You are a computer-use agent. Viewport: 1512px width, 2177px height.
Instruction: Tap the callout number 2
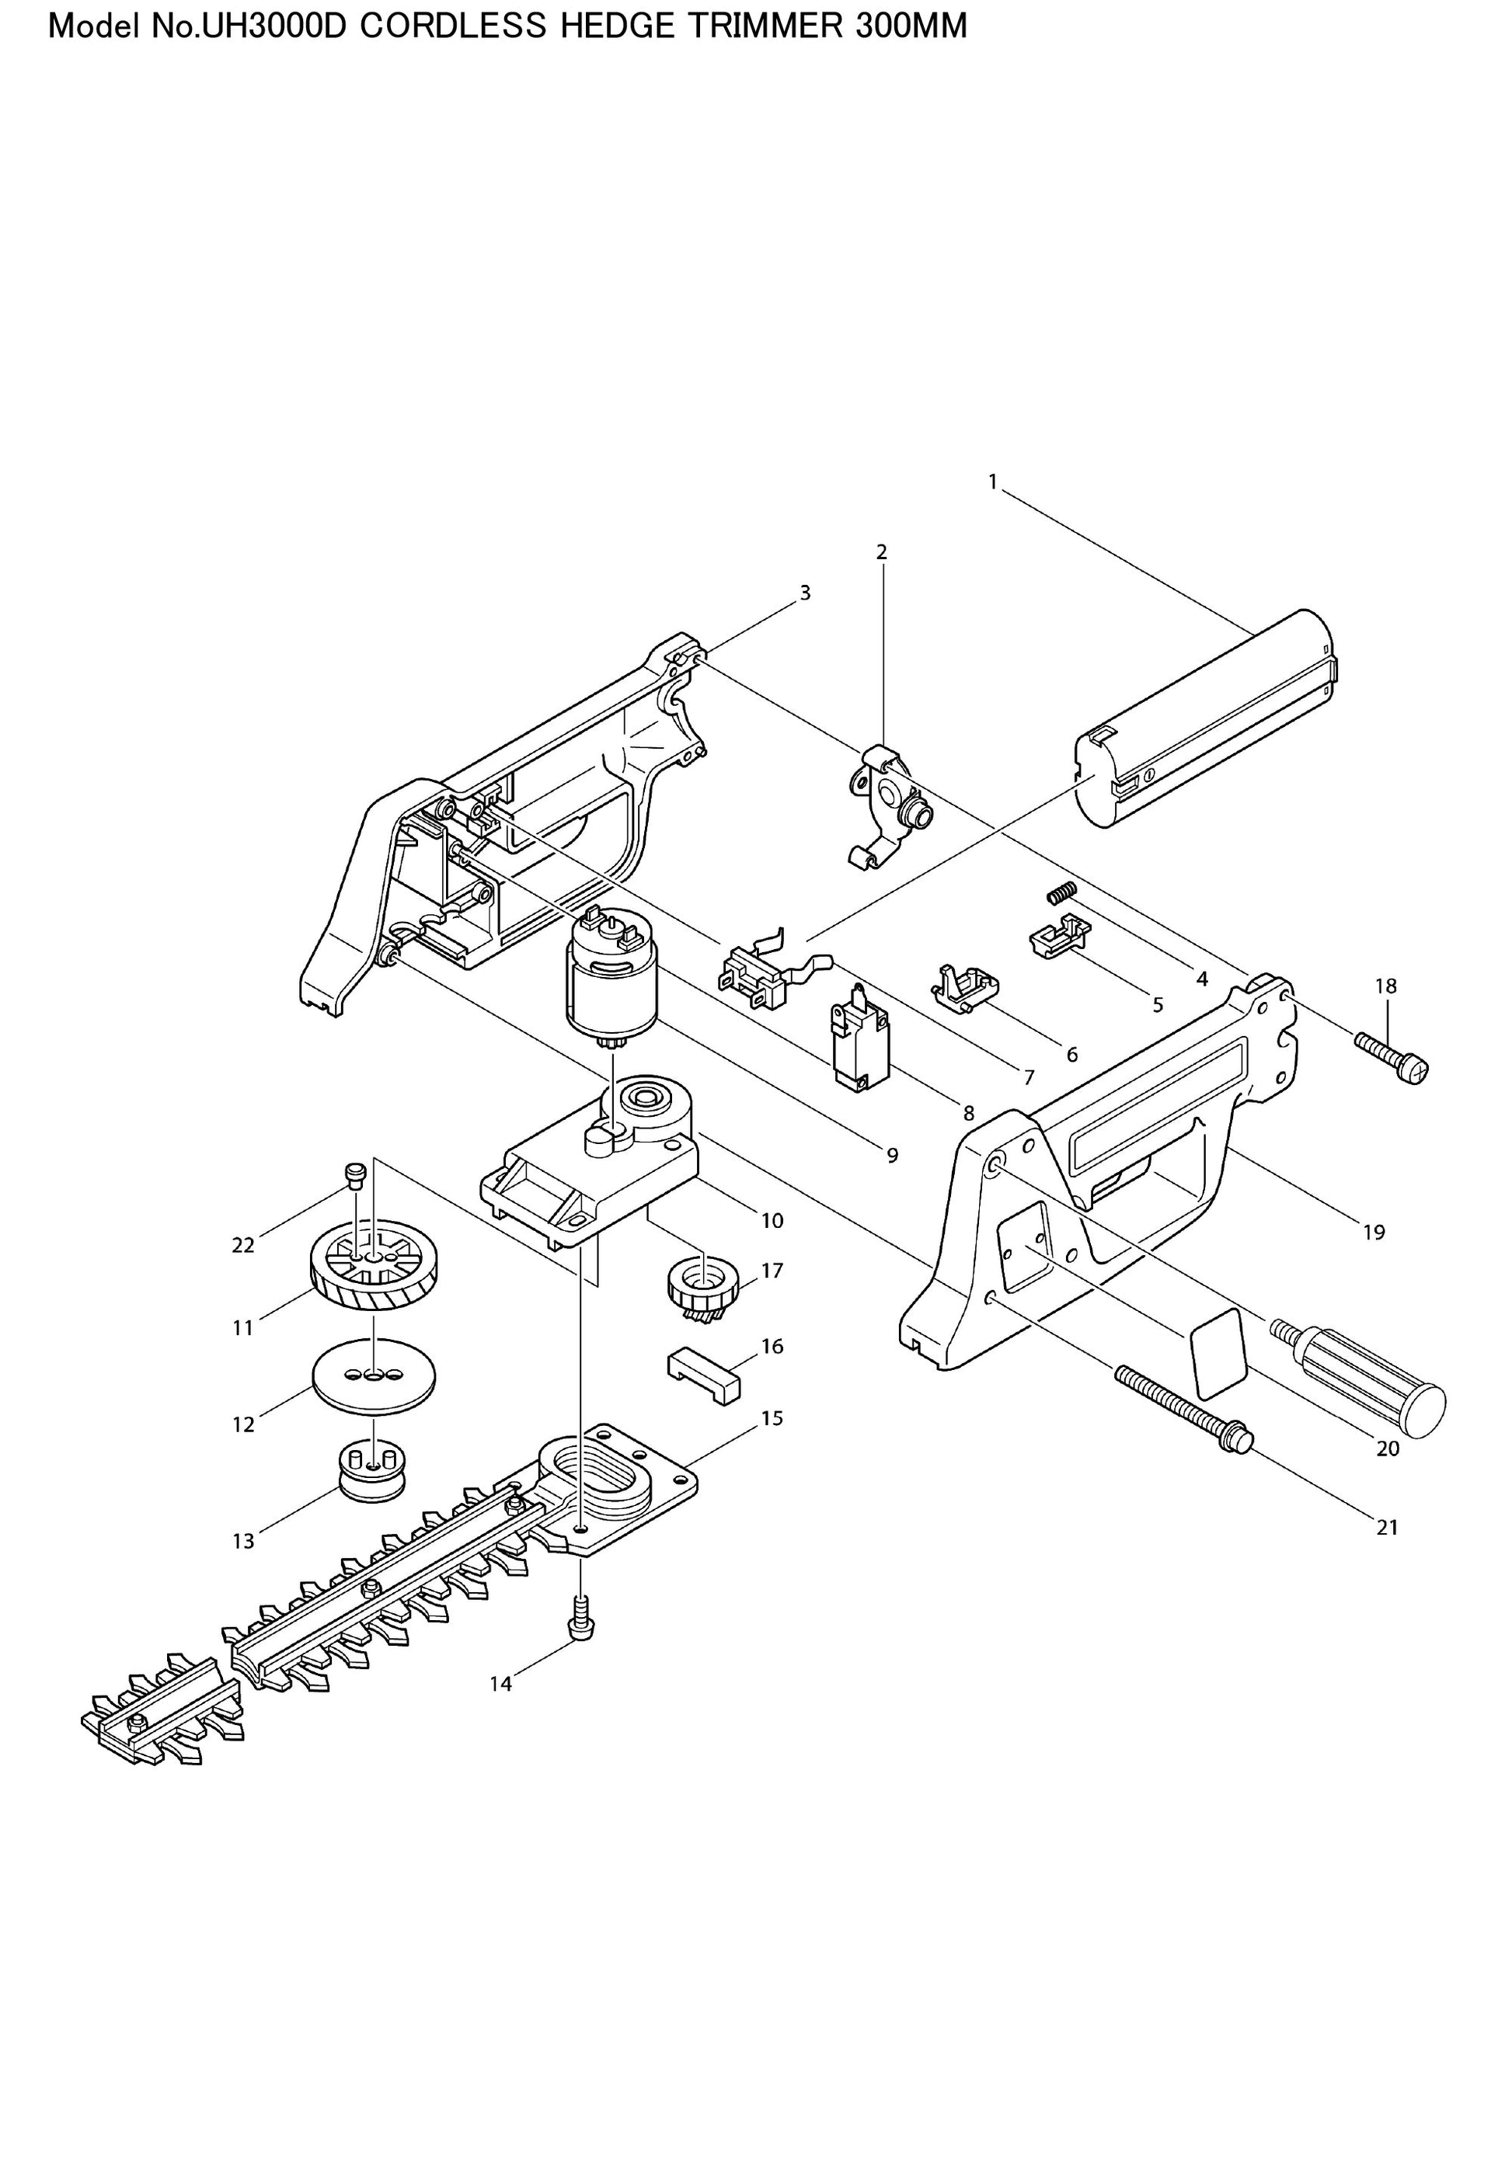881,552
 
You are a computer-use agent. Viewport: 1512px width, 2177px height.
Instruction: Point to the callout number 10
772,1221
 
